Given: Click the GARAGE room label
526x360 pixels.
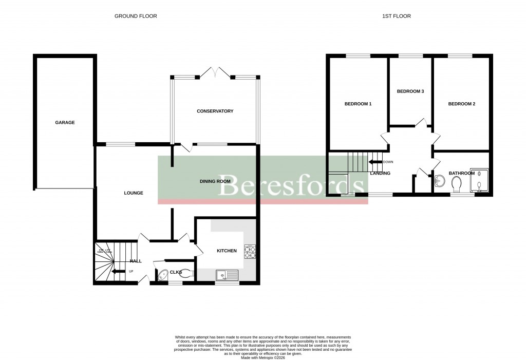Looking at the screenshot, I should point(65,122).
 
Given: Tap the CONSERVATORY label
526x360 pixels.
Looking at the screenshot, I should point(215,111).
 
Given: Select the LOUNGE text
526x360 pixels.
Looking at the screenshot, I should point(134,193).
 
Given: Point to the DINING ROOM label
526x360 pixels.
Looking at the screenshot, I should point(215,181).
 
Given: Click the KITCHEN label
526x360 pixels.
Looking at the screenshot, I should point(227,251).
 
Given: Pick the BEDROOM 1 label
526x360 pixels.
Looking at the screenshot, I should point(358,104).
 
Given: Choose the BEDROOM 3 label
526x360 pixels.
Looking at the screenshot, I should point(410,91).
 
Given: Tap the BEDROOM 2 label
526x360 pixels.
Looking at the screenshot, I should point(462,104).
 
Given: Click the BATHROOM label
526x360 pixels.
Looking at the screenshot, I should point(462,173).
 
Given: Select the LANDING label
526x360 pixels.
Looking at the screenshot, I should point(380,173).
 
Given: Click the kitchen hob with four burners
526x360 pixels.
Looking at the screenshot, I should point(250,252).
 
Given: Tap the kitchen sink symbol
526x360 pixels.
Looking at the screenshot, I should point(228,275).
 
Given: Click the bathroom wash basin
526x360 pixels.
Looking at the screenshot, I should point(440,181).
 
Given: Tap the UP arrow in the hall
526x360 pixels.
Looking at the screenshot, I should point(119,271).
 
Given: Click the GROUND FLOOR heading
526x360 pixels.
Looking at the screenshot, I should point(136,16).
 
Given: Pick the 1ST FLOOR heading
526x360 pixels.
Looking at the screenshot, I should point(396,16).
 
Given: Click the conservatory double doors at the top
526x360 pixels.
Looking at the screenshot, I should point(215,72).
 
